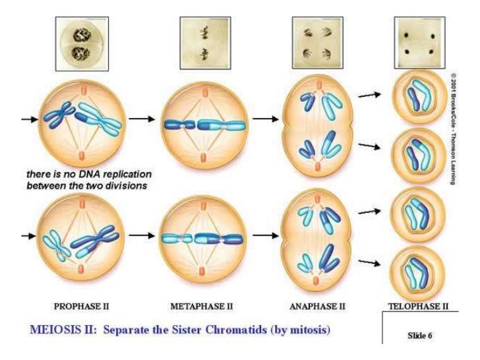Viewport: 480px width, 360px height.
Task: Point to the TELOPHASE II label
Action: click(418, 306)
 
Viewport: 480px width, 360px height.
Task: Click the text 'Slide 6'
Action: click(420, 335)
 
